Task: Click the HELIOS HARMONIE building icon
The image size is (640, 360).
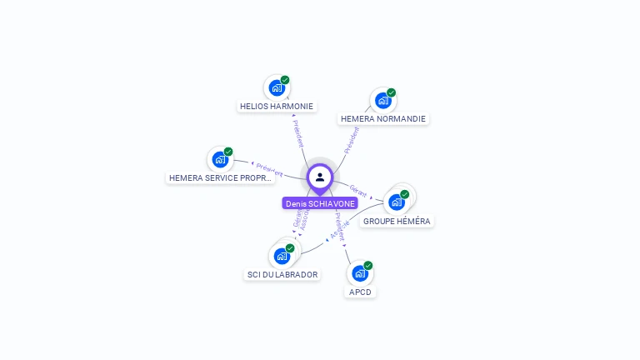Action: pyautogui.click(x=276, y=87)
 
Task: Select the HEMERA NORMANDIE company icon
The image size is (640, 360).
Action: pyautogui.click(x=382, y=101)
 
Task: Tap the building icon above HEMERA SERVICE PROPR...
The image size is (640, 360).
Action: pyautogui.click(x=220, y=159)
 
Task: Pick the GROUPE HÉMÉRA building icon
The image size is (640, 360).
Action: pyautogui.click(x=397, y=202)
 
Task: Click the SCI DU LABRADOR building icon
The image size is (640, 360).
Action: pyautogui.click(x=282, y=256)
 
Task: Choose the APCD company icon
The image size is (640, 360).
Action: pyautogui.click(x=359, y=273)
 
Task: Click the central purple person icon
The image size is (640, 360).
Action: pyautogui.click(x=320, y=177)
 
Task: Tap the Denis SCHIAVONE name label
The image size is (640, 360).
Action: pyautogui.click(x=320, y=203)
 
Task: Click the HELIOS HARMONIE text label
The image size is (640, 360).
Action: pyautogui.click(x=277, y=107)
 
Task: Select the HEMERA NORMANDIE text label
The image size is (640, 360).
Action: pyautogui.click(x=383, y=119)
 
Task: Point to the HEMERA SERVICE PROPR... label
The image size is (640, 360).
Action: pyautogui.click(x=220, y=178)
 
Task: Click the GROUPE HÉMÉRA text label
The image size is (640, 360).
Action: pyautogui.click(x=397, y=222)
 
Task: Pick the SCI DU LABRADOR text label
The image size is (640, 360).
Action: pyautogui.click(x=282, y=275)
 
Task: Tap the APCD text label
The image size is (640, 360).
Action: pyautogui.click(x=360, y=292)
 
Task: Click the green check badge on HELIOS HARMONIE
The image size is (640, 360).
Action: pyautogui.click(x=285, y=80)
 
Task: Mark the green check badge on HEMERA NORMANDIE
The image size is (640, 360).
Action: pyautogui.click(x=392, y=92)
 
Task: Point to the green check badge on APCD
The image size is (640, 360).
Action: pyautogui.click(x=368, y=266)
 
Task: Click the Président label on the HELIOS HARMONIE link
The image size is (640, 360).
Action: pyautogui.click(x=298, y=132)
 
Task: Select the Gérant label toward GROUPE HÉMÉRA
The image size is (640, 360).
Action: pyautogui.click(x=359, y=191)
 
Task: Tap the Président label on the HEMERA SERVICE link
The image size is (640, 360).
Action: pyautogui.click(x=269, y=169)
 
